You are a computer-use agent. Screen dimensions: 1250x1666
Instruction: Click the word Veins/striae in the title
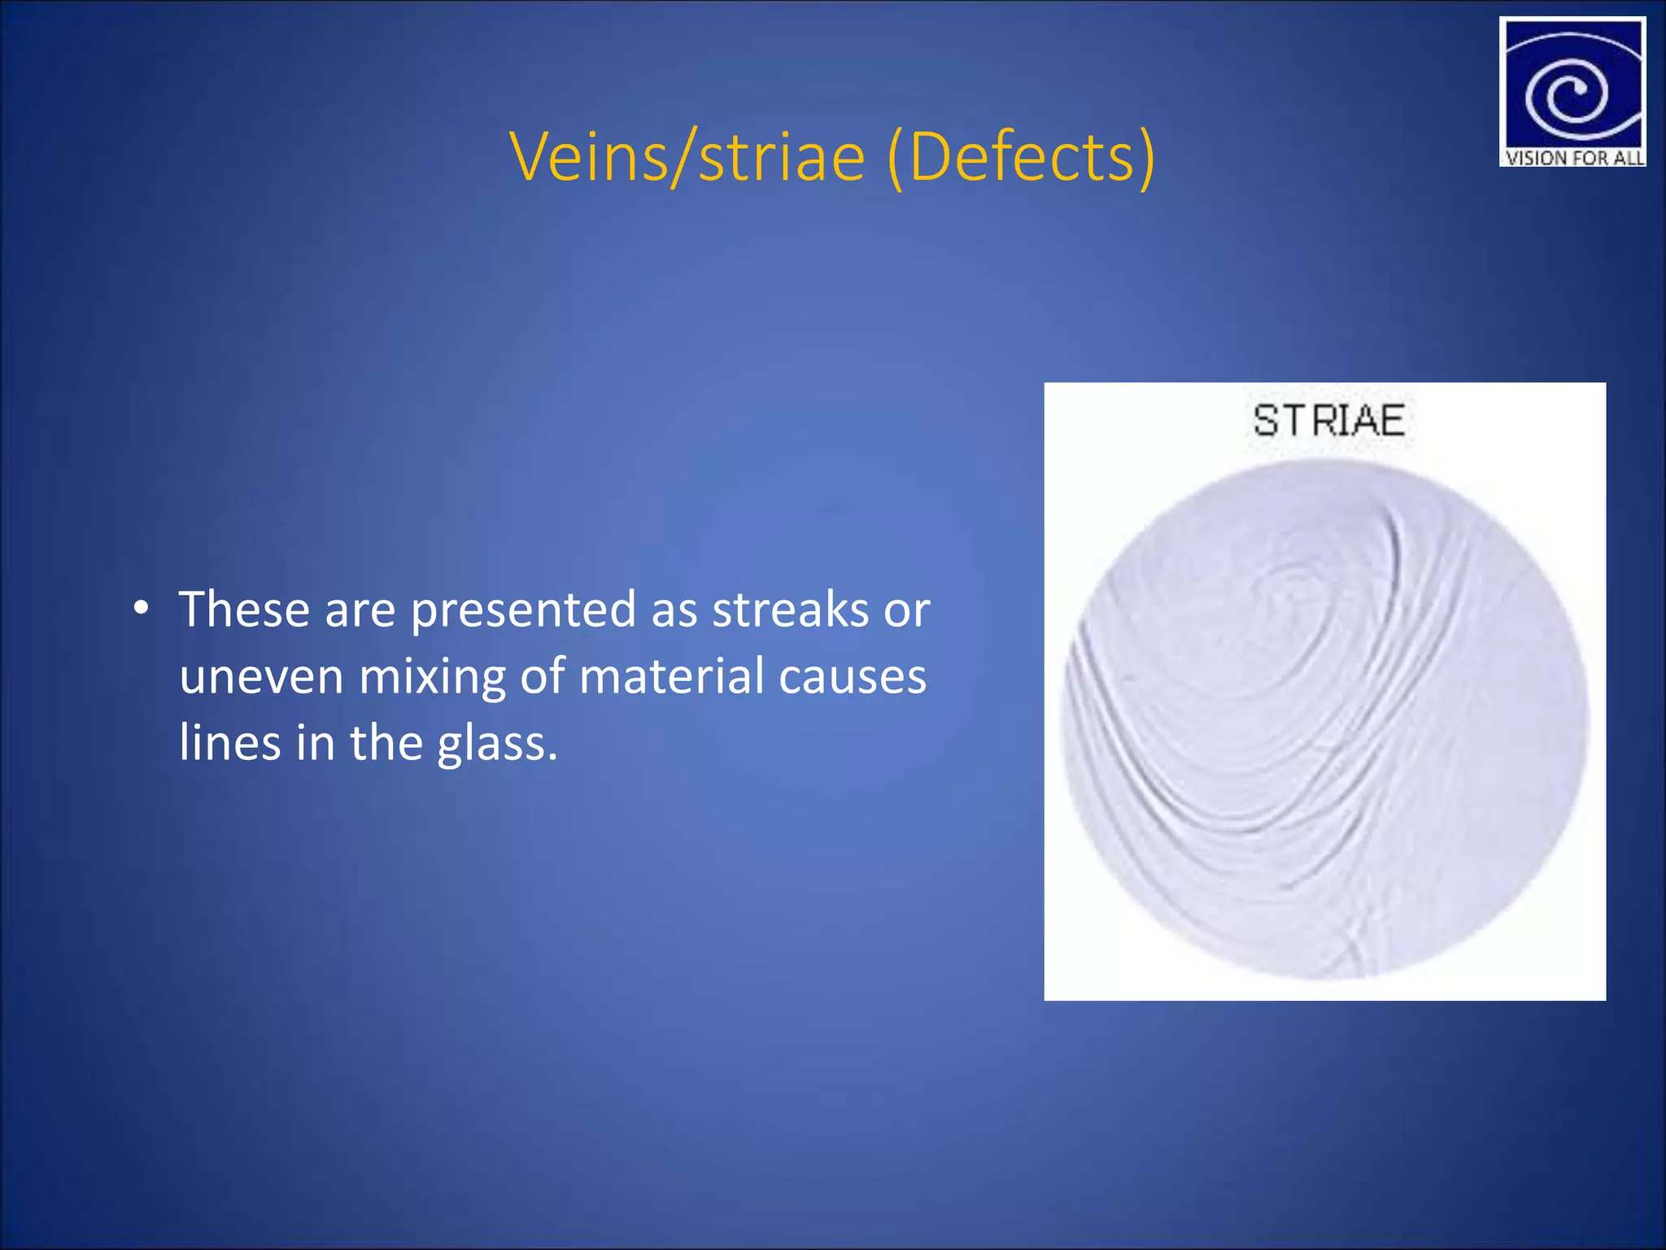(x=687, y=156)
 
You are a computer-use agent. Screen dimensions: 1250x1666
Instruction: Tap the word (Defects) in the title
(x=1021, y=156)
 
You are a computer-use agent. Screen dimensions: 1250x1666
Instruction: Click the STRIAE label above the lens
(x=1328, y=421)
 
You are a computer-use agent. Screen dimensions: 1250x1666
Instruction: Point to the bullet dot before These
(x=142, y=608)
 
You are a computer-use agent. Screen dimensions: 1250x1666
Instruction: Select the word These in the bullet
(x=244, y=610)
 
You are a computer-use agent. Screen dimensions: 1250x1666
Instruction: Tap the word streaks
(x=790, y=610)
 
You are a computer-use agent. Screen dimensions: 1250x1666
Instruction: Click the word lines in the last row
(x=229, y=742)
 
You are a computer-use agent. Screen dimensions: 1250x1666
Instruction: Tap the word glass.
(x=497, y=744)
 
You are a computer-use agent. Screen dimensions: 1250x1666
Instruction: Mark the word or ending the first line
(x=907, y=610)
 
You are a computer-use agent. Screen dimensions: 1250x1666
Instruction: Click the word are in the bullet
(x=360, y=610)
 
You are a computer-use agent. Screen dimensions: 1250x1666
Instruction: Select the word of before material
(x=542, y=676)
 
